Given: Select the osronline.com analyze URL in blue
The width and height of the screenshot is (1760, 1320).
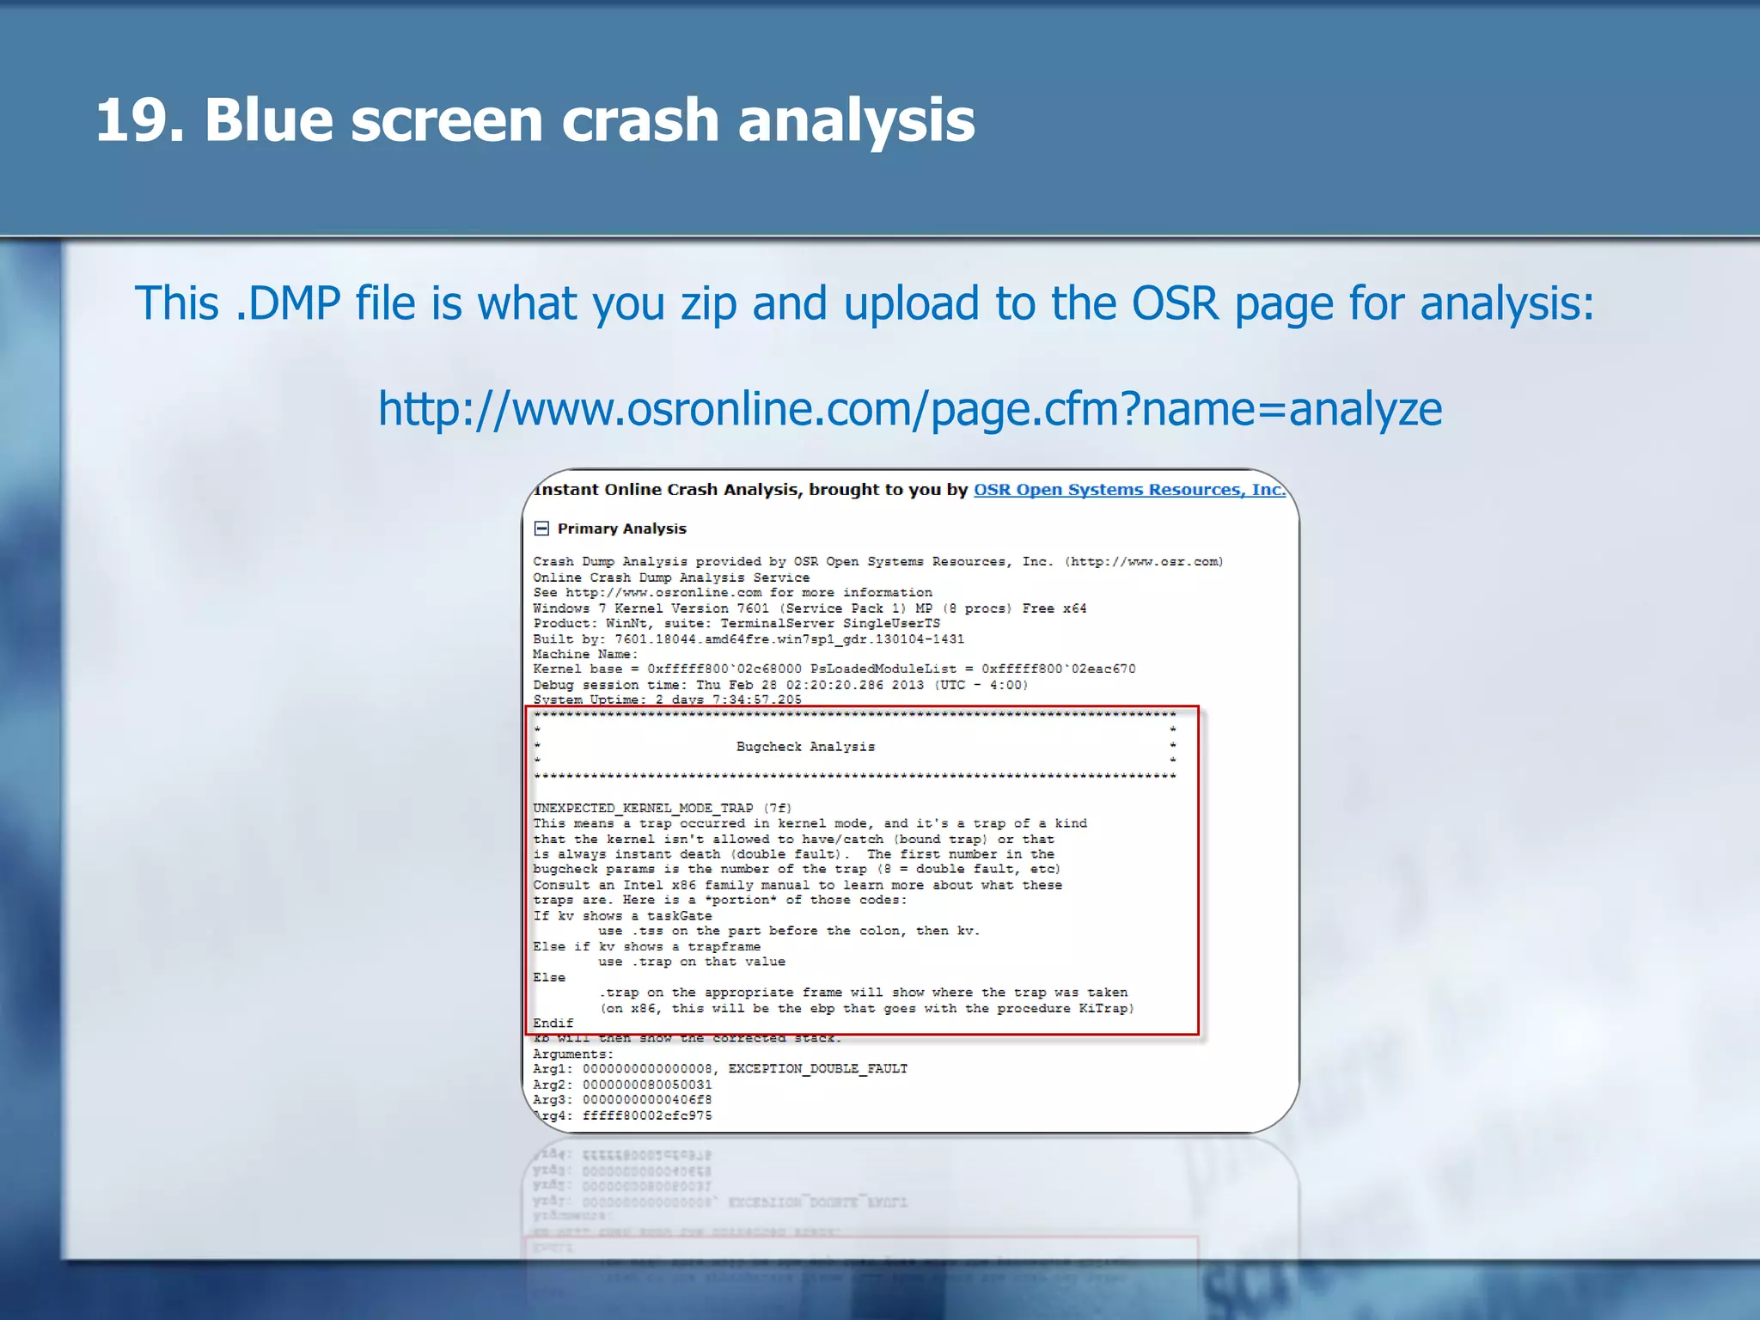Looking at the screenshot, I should point(909,409).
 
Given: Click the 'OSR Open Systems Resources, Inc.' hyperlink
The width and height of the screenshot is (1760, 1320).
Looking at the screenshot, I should point(1128,490).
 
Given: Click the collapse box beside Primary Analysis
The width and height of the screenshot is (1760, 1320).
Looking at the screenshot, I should point(541,529).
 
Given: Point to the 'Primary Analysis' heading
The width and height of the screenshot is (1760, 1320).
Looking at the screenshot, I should point(621,529).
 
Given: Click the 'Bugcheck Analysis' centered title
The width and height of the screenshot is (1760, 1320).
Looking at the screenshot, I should point(805,747).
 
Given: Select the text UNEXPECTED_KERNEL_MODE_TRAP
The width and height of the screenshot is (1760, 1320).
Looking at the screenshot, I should point(643,808).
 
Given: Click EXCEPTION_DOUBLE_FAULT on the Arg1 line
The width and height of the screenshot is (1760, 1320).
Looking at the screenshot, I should point(817,1069).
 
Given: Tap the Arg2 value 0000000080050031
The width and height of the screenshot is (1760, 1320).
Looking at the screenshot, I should point(646,1085).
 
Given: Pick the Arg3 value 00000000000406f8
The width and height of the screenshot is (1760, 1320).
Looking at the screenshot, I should point(646,1100).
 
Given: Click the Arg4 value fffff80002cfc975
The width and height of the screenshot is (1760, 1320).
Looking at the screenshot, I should point(646,1115).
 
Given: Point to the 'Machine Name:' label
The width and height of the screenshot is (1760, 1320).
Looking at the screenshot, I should point(585,654).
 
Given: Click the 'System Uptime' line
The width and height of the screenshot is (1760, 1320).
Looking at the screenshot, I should point(667,700).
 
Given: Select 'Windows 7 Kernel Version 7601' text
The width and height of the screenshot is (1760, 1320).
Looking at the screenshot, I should point(651,608).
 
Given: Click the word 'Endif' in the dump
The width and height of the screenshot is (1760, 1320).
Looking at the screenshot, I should point(553,1023).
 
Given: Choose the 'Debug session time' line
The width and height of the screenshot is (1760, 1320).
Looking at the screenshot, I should point(779,685).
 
